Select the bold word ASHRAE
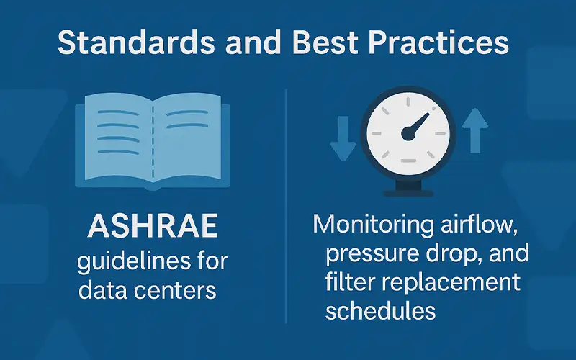point(152,229)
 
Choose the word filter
point(348,282)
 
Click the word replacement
point(450,282)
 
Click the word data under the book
point(102,292)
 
